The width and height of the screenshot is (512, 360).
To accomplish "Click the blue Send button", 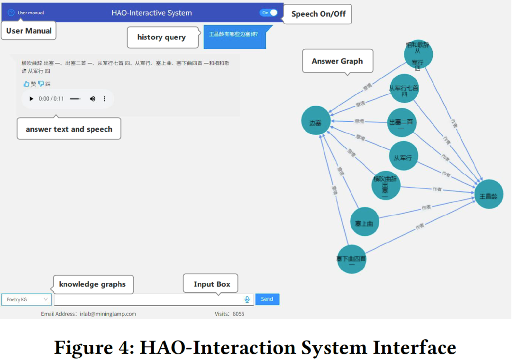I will (x=267, y=299).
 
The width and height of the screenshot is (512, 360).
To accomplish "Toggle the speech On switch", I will (x=269, y=13).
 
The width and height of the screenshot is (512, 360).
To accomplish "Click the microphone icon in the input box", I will (x=247, y=299).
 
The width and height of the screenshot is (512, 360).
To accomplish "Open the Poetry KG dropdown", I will (x=27, y=299).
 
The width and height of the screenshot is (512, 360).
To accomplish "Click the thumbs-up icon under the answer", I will (x=27, y=84).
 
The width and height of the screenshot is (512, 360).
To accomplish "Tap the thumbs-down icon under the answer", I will (x=41, y=84).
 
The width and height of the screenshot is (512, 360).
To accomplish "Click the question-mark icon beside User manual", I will (x=11, y=13).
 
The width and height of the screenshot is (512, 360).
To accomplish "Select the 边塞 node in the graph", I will (x=316, y=123).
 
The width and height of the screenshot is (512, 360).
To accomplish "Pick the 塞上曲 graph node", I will (x=364, y=223).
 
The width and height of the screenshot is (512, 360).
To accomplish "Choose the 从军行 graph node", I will (x=403, y=156).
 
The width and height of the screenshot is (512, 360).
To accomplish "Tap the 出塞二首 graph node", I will (x=401, y=123).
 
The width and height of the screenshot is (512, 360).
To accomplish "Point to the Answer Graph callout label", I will (x=337, y=61).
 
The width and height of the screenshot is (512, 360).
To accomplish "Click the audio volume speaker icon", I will (x=92, y=99).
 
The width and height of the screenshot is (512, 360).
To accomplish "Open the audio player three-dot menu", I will (x=105, y=99).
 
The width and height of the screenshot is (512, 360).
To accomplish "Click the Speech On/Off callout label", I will (x=318, y=14).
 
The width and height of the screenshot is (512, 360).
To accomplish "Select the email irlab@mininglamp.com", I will (x=108, y=314).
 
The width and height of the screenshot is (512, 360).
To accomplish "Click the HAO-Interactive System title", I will (x=152, y=13).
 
